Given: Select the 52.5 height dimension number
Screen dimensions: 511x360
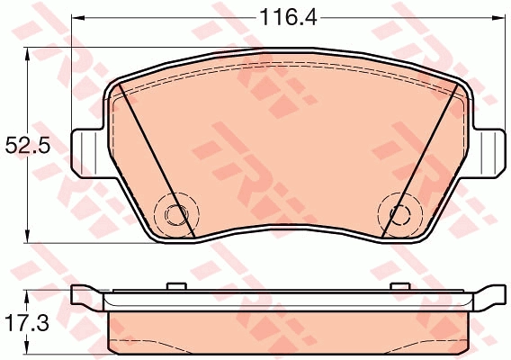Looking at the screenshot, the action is (x=28, y=145).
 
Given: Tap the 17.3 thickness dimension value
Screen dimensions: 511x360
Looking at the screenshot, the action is (x=27, y=323).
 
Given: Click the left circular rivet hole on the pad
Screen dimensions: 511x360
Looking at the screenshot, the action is (x=176, y=214).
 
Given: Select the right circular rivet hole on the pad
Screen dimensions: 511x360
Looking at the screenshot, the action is (x=401, y=214).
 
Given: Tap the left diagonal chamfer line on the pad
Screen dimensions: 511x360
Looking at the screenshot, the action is (x=157, y=160).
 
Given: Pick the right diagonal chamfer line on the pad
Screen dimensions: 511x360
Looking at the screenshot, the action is (x=420, y=160).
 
